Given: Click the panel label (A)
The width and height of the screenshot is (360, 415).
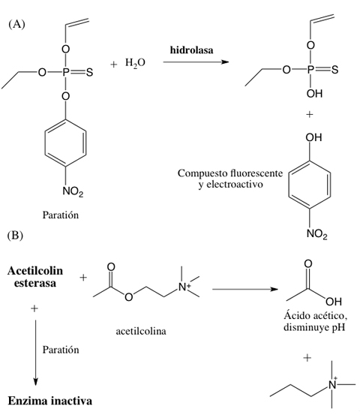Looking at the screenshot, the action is tap(16, 24).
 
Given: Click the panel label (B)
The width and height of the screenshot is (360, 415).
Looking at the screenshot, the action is tap(15, 236).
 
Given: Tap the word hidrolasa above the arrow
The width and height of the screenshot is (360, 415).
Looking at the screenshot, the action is tap(191, 50).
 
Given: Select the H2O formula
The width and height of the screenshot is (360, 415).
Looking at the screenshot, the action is tap(135, 63).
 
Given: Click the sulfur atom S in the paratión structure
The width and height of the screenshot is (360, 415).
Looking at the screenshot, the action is tap(90, 72).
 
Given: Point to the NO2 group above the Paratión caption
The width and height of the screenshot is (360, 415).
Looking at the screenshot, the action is tap(73, 191).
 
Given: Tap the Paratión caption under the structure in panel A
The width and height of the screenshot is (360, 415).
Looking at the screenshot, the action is tap(61, 215).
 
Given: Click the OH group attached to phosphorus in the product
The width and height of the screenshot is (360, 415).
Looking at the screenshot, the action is tap(314, 93).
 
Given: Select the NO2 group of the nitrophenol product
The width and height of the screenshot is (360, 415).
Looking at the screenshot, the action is tap(317, 233).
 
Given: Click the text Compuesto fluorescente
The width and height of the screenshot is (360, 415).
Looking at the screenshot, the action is tap(229, 173).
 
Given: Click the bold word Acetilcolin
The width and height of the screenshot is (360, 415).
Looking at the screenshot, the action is tap(35, 271).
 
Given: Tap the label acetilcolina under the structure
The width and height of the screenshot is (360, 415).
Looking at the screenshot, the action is tap(141, 331).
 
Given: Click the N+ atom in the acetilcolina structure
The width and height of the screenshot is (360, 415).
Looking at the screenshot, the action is tap(184, 287).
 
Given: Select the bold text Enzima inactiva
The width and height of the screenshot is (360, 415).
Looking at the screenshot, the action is tap(50, 401).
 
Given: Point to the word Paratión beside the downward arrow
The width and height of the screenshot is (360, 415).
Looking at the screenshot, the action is tap(61, 350).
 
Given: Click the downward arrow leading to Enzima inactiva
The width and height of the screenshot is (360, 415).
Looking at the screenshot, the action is tap(35, 353).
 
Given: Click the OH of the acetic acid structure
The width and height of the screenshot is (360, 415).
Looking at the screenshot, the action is tap(334, 302).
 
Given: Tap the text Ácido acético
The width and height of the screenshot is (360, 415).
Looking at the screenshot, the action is tap(316, 315).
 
